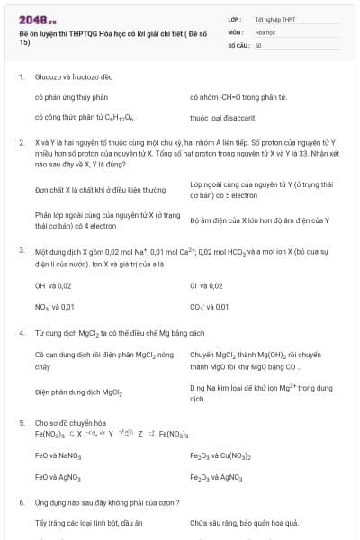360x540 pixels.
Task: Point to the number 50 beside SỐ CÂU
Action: click(258, 44)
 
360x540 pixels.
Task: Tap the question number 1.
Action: click(21, 77)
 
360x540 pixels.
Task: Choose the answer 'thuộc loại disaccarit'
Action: click(222, 117)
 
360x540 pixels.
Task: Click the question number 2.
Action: click(21, 142)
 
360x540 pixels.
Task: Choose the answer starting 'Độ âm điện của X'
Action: click(259, 220)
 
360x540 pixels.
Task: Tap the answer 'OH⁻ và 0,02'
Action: click(53, 285)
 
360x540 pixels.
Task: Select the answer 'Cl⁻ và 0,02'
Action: click(206, 285)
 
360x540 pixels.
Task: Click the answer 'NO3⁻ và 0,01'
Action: click(54, 306)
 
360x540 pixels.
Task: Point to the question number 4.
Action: click(21, 333)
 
